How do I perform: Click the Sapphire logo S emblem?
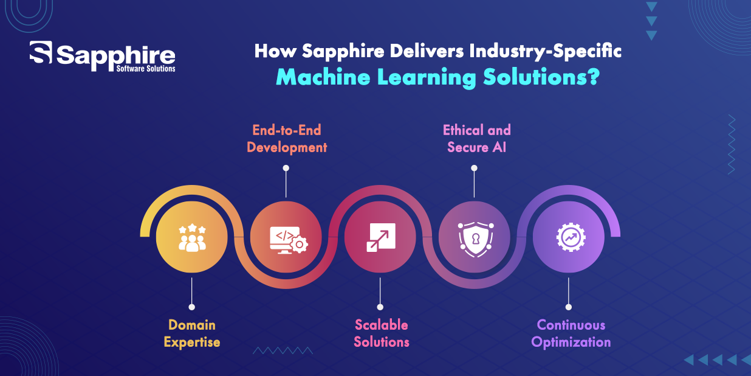tap(41, 52)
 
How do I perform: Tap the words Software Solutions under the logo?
tap(146, 69)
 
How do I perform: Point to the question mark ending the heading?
tap(593, 77)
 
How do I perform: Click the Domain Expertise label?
tap(192, 333)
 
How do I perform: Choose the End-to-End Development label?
tap(287, 139)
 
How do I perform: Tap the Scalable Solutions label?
tap(382, 333)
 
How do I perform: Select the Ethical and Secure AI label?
tap(477, 139)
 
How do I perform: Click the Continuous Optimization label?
tap(571, 333)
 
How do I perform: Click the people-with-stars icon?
tap(192, 238)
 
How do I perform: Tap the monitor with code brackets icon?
tap(289, 240)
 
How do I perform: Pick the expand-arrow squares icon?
tap(381, 237)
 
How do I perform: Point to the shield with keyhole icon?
tap(475, 239)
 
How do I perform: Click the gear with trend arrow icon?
tap(571, 238)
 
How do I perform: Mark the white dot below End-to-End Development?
tap(286, 168)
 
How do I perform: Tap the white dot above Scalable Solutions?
tap(380, 307)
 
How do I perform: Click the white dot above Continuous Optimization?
tap(569, 307)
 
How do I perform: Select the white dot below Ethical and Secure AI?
tap(474, 168)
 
